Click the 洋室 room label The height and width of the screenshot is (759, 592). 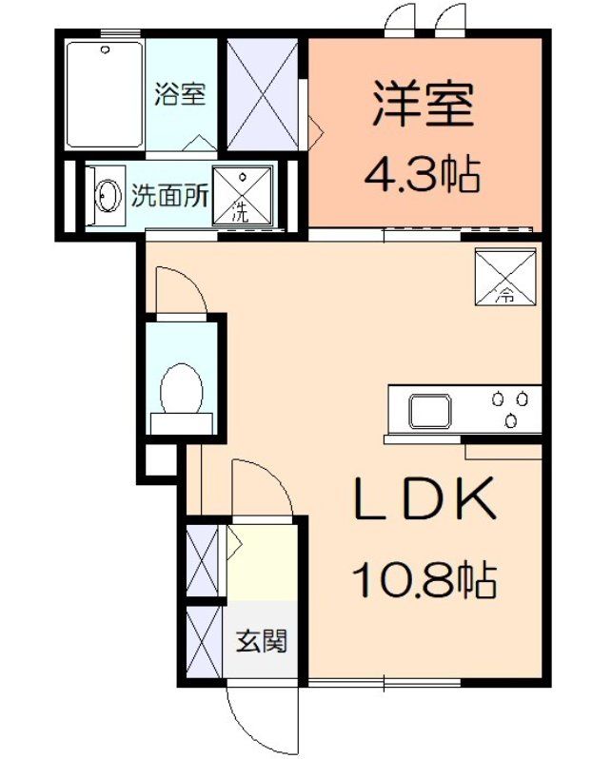click(x=424, y=104)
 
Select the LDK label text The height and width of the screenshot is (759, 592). click(x=424, y=497)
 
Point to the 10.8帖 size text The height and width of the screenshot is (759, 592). click(x=424, y=577)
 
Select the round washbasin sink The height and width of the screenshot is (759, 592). click(x=108, y=197)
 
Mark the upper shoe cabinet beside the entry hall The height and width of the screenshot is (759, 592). click(x=203, y=562)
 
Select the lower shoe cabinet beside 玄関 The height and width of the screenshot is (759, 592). click(x=203, y=642)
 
